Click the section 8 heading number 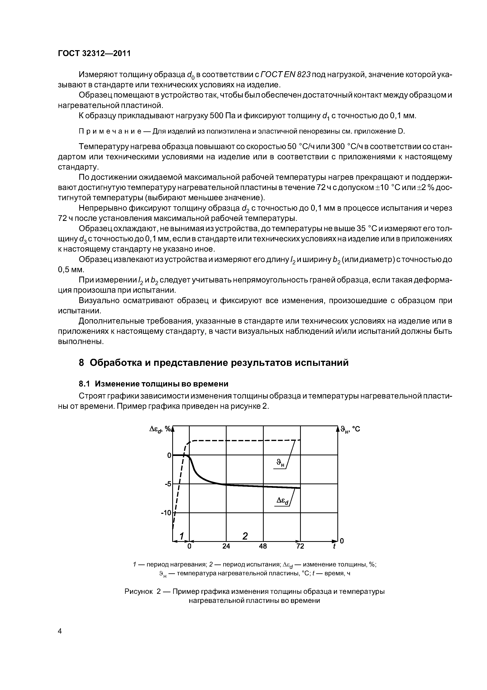(81, 363)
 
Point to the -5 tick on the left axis (168, 484)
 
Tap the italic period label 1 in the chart (181, 536)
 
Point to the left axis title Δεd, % (160, 429)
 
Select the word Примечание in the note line (114, 131)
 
